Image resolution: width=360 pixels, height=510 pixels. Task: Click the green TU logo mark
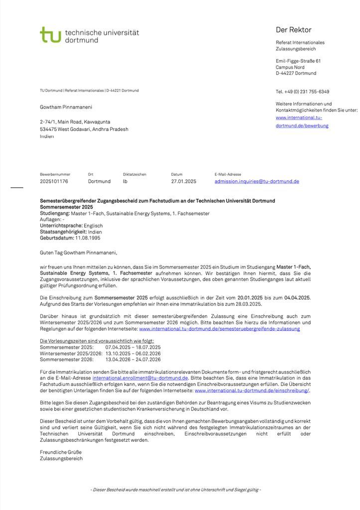(x=50, y=35)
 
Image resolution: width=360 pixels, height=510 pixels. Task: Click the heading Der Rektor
(x=293, y=30)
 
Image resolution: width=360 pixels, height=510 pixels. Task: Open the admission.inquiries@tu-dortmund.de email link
(x=256, y=182)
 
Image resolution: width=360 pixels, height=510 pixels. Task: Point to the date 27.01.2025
(x=183, y=182)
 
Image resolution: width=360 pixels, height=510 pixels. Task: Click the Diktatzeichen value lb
(x=125, y=182)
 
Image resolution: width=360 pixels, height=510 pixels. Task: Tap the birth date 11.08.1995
(x=89, y=238)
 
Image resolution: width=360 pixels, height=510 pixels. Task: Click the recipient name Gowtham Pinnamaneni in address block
(x=66, y=107)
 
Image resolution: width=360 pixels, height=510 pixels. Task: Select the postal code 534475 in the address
(x=48, y=129)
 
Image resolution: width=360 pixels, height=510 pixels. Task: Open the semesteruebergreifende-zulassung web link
(x=219, y=329)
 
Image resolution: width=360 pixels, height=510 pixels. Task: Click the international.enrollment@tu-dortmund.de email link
(x=140, y=379)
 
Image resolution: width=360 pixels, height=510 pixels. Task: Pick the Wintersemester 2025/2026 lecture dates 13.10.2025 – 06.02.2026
(x=132, y=353)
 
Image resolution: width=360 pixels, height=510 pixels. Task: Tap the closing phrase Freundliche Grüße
(x=60, y=452)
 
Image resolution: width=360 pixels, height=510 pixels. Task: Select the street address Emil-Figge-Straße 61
(x=298, y=61)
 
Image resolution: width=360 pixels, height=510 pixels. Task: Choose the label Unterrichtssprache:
(x=61, y=226)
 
